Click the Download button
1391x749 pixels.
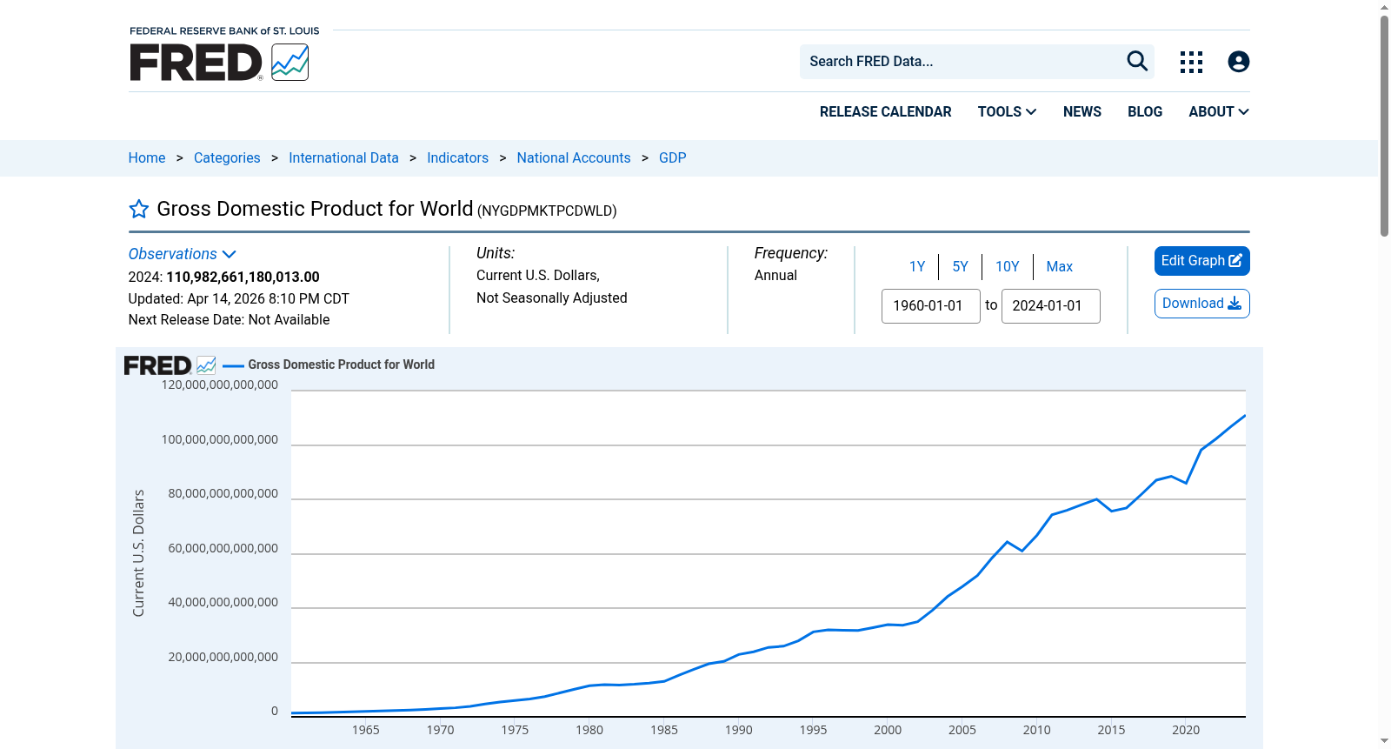[1201, 304]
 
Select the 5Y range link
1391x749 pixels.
[960, 267]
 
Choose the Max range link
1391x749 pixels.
[1060, 267]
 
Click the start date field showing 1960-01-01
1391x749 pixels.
[930, 306]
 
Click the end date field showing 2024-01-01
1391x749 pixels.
[1051, 306]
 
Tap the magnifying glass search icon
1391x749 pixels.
[1137, 61]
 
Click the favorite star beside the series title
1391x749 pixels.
[138, 209]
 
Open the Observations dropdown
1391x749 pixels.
[182, 254]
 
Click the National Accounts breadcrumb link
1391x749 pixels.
[573, 157]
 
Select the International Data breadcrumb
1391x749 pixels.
[343, 157]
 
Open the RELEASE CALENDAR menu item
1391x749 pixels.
[885, 112]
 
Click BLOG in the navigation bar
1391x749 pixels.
[1144, 112]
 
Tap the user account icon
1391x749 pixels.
[1238, 62]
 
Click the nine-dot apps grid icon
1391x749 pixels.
[1191, 62]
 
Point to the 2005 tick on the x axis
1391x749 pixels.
[962, 730]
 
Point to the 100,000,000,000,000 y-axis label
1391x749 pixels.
[220, 439]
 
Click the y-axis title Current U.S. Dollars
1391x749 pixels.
[138, 553]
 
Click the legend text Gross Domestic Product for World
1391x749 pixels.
[341, 364]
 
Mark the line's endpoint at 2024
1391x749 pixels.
[1244, 415]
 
